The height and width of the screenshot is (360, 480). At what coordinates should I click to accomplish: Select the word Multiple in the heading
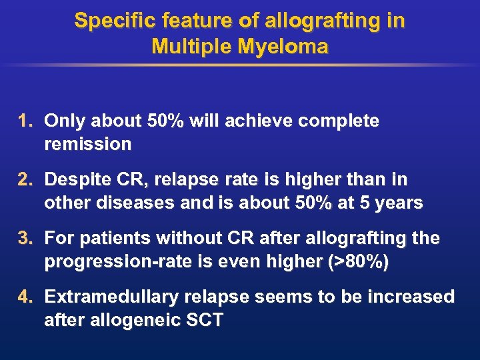click(x=192, y=47)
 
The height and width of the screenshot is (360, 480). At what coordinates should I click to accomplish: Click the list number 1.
click(x=25, y=121)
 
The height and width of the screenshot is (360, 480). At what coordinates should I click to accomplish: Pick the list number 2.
click(x=25, y=180)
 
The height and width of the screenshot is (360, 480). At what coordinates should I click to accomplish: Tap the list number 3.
click(x=25, y=239)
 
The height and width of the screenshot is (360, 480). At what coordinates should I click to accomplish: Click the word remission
click(x=87, y=144)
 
